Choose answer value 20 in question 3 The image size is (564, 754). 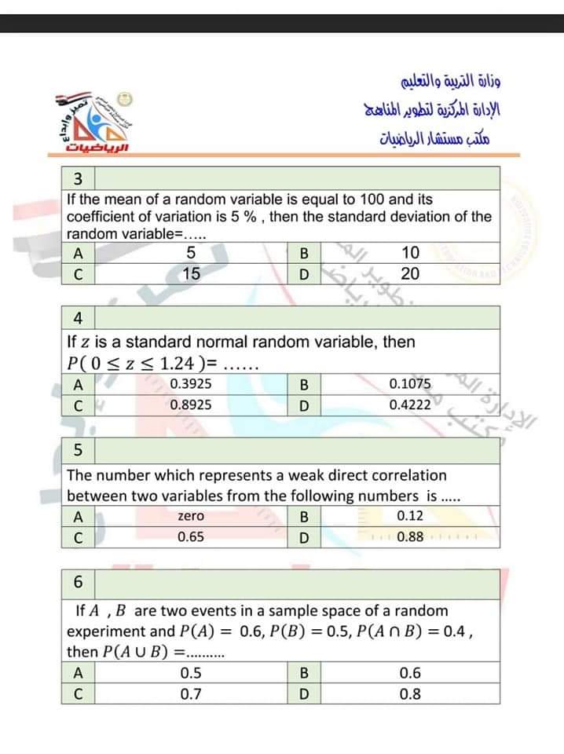[410, 274]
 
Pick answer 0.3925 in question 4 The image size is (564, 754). [191, 384]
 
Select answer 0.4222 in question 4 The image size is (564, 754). [410, 405]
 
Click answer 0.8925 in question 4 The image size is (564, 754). [191, 405]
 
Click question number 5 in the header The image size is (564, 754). [78, 450]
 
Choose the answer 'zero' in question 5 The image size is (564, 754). [191, 516]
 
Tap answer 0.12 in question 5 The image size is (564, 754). [410, 516]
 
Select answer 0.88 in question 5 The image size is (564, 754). [410, 537]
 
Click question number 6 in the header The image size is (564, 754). [78, 582]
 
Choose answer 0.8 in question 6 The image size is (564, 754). [410, 694]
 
